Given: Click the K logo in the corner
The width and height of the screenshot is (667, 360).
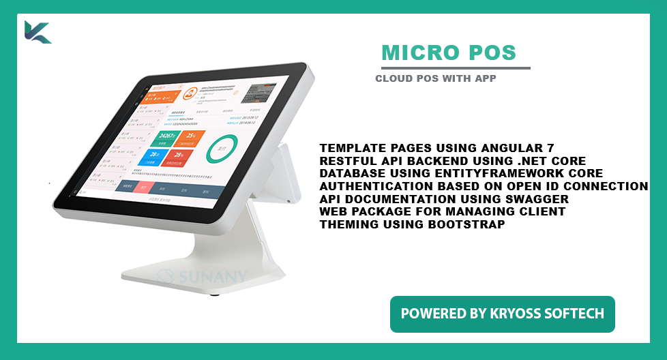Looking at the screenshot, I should point(37,32).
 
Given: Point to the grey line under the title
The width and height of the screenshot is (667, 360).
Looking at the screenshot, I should point(455,68).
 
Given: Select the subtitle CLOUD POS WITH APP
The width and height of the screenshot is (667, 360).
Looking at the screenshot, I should point(435,78).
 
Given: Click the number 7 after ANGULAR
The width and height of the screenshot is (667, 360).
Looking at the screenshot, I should point(550,147).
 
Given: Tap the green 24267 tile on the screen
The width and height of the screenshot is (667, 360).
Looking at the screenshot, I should point(163,138).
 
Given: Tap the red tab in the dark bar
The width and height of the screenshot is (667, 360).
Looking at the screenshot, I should point(144,187).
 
